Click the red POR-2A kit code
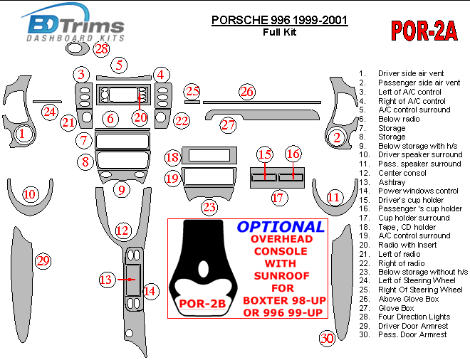pyautogui.click(x=424, y=31)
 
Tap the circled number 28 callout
pyautogui.click(x=102, y=49)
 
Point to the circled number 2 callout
pyautogui.click(x=338, y=138)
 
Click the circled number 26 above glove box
pyautogui.click(x=246, y=92)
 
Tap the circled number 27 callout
pyautogui.click(x=227, y=125)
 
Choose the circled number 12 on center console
pyautogui.click(x=122, y=230)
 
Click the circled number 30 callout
pyautogui.click(x=327, y=338)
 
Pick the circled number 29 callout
pyautogui.click(x=43, y=261)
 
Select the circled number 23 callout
pyautogui.click(x=209, y=207)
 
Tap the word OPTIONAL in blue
pyautogui.click(x=280, y=227)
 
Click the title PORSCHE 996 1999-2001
pyautogui.click(x=279, y=20)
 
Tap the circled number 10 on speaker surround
pyautogui.click(x=29, y=194)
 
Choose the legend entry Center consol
pyautogui.click(x=402, y=173)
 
